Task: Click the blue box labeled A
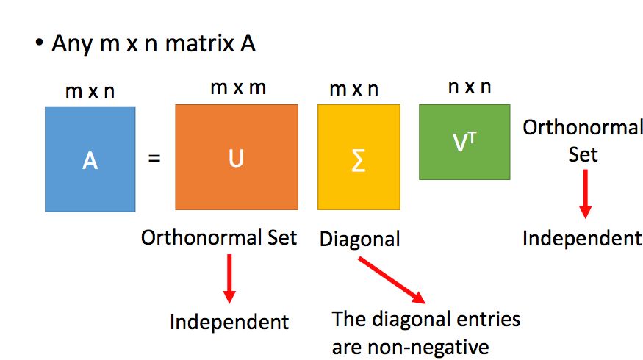(x=90, y=159)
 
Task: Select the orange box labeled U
(x=236, y=156)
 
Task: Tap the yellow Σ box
(x=359, y=156)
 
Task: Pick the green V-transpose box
(x=464, y=142)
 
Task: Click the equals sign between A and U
(x=154, y=158)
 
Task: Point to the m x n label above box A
(x=90, y=92)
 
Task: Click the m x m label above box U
(x=237, y=88)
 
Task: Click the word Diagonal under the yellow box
(x=359, y=239)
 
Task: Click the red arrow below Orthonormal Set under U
(x=229, y=278)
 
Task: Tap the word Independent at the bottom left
(x=229, y=322)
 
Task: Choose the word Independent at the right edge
(x=582, y=238)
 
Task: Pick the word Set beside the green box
(x=583, y=154)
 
